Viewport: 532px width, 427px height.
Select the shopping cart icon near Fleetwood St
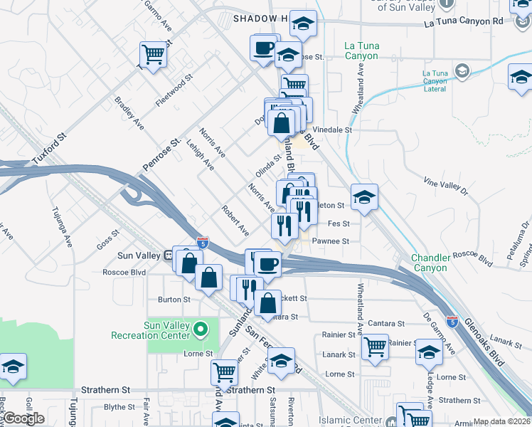pos(154,54)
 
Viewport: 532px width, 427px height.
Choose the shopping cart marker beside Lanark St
pos(375,347)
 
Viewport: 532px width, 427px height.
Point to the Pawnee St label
pos(331,241)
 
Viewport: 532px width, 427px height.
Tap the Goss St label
pos(109,239)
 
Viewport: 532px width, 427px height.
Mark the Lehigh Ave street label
pos(200,154)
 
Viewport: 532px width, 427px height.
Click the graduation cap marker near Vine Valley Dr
pos(364,197)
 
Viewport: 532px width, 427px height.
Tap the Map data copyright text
pos(502,421)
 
